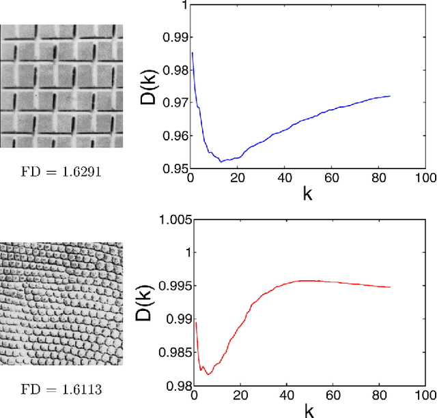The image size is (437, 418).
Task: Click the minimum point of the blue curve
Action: [221, 162]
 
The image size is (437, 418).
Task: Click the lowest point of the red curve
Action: [208, 374]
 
